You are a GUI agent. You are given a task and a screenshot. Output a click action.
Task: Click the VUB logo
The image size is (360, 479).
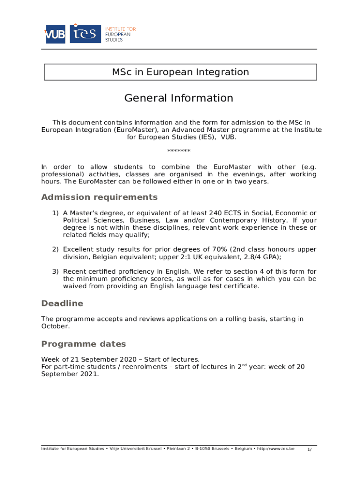(x=55, y=34)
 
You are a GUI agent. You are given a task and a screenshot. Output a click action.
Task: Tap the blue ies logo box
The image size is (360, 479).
(x=85, y=34)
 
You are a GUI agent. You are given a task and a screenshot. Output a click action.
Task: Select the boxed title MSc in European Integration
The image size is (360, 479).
(x=180, y=72)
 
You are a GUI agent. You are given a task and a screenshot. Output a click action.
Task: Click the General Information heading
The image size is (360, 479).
(x=179, y=98)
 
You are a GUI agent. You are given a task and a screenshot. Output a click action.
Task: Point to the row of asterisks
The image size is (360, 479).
(x=179, y=151)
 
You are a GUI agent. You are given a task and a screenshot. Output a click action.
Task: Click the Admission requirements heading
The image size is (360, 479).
(x=99, y=197)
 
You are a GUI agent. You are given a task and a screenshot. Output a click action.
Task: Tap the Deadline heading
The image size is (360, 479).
(x=62, y=303)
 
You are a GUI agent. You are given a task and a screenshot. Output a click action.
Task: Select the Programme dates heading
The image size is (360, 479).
(x=84, y=344)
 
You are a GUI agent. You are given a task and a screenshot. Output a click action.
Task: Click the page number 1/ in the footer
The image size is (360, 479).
(x=309, y=450)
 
